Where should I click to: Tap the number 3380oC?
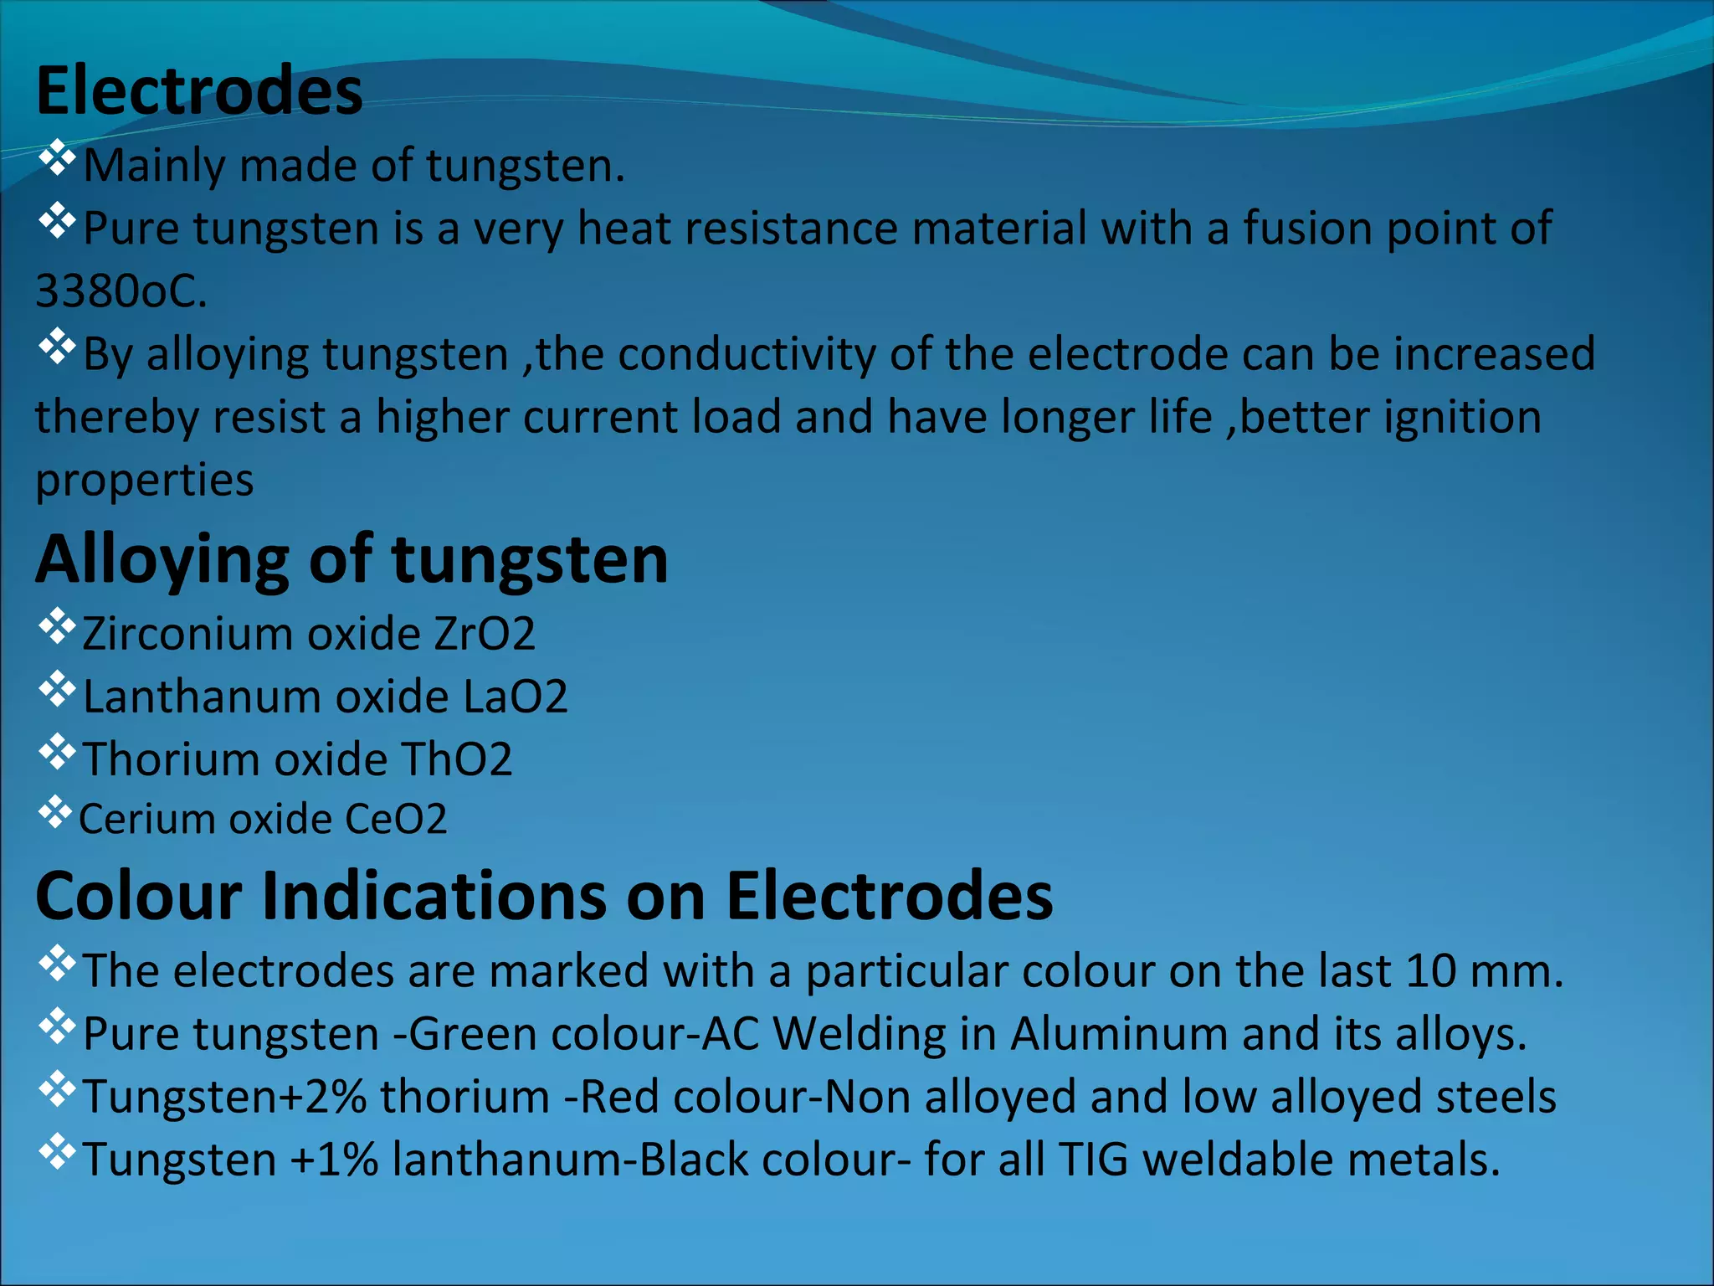[121, 291]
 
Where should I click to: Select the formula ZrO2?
[484, 634]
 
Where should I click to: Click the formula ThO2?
[456, 759]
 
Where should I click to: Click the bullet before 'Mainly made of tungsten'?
[57, 158]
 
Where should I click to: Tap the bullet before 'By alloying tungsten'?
[57, 347]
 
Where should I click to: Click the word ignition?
[1461, 417]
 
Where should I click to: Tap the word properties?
[144, 481]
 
